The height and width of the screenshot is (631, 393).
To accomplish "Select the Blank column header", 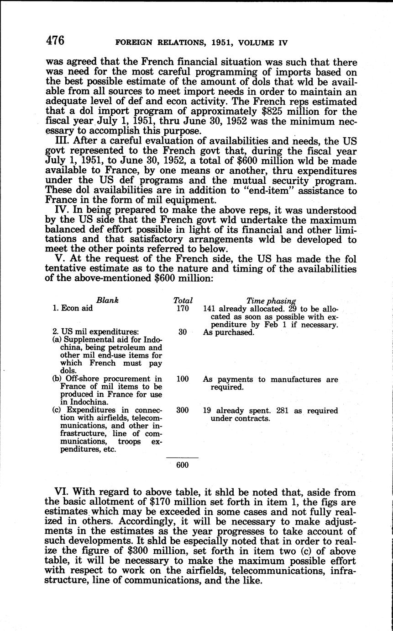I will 107,300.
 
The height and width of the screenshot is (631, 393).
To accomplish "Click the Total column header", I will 183,301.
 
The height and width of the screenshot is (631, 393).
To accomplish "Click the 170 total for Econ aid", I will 183,309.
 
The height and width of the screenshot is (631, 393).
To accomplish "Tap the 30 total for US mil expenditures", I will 183,332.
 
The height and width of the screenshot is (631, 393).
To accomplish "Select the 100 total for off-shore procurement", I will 183,379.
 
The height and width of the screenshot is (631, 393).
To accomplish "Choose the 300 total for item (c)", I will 183,411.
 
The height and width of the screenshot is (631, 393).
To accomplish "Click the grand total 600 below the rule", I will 182,465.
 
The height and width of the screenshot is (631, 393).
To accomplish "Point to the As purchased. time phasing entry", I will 228,332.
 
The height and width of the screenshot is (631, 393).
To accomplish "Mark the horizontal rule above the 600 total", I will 182,457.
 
